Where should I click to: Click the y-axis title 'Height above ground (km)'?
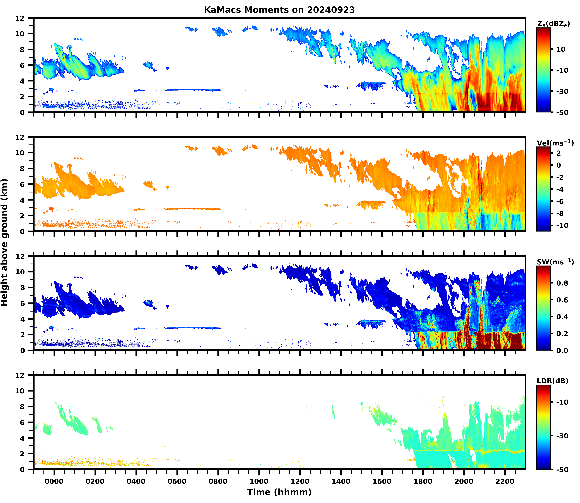point(4,242)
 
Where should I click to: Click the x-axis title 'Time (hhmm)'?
point(279,492)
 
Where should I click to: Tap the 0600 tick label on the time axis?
point(177,481)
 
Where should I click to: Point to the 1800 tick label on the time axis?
point(423,481)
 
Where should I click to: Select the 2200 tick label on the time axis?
point(505,481)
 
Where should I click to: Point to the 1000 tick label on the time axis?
point(259,481)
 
